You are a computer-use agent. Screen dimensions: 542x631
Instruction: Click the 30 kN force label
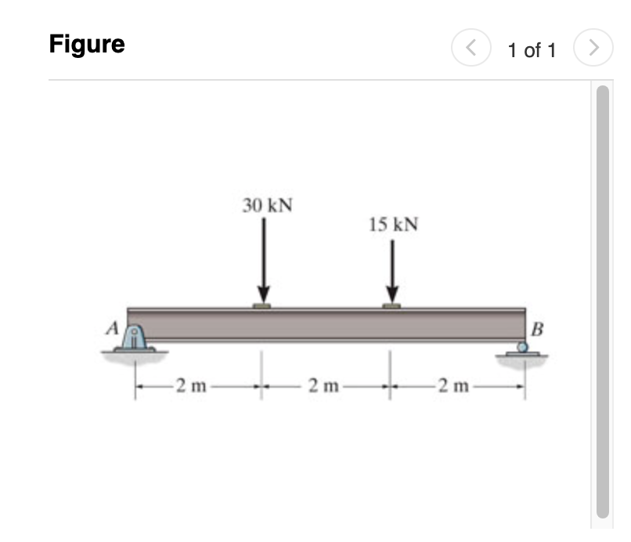click(267, 206)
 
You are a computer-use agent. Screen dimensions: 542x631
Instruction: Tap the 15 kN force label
click(393, 226)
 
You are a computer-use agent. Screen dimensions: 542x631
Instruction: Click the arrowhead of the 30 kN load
click(264, 297)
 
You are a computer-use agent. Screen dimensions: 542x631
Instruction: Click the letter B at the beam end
click(537, 327)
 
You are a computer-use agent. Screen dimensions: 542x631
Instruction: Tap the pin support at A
click(135, 338)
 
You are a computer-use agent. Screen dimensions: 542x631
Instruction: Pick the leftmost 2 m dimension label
click(191, 385)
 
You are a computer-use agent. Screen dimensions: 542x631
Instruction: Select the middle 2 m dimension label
click(324, 385)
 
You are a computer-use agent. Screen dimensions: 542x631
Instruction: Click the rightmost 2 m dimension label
click(454, 385)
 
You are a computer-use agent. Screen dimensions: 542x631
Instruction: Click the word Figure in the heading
click(87, 45)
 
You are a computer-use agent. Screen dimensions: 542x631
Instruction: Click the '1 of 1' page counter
click(532, 51)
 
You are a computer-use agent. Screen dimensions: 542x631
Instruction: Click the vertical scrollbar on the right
click(602, 298)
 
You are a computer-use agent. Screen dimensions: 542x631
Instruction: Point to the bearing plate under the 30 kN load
click(262, 306)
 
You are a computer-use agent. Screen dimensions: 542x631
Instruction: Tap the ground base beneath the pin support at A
click(135, 352)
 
